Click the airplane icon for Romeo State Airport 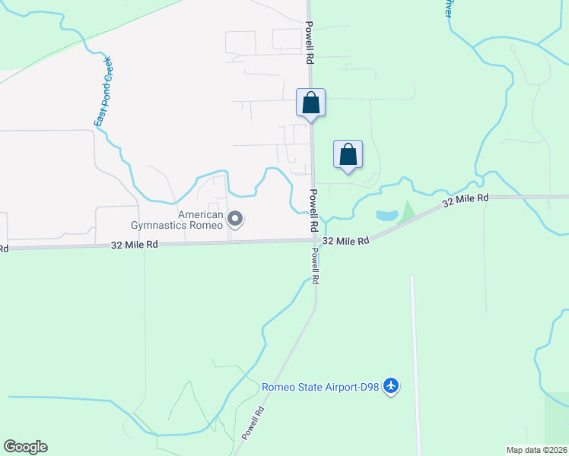pyautogui.click(x=391, y=386)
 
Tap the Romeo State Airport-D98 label pyautogui.click(x=321, y=386)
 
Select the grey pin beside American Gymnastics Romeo pyautogui.click(x=235, y=220)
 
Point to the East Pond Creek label pyautogui.click(x=103, y=91)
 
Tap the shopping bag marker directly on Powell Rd pyautogui.click(x=310, y=103)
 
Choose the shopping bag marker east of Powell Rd pyautogui.click(x=348, y=154)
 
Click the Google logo pyautogui.click(x=25, y=447)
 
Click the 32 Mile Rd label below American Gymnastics pyautogui.click(x=135, y=245)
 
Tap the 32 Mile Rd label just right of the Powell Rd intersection pyautogui.click(x=345, y=240)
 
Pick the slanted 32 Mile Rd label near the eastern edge pyautogui.click(x=466, y=199)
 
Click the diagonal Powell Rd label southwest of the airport pyautogui.click(x=253, y=423)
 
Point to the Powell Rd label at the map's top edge pyautogui.click(x=310, y=42)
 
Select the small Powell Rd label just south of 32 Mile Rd pyautogui.click(x=314, y=266)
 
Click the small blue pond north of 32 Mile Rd pyautogui.click(x=386, y=216)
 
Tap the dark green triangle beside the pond pyautogui.click(x=407, y=210)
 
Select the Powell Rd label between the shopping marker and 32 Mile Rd pyautogui.click(x=313, y=211)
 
